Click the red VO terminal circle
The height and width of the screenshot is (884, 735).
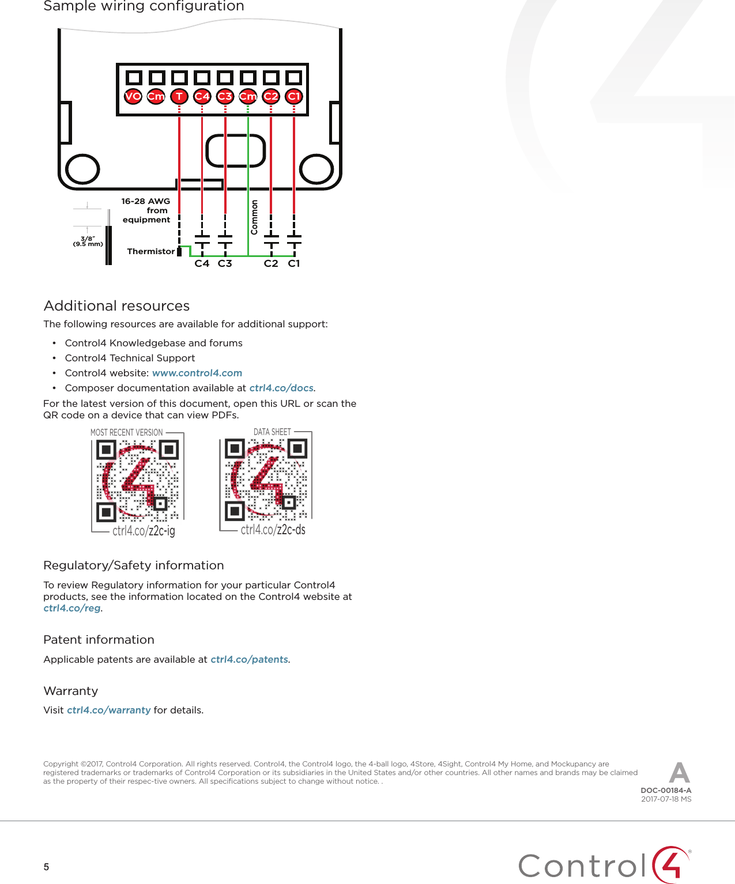pyautogui.click(x=133, y=96)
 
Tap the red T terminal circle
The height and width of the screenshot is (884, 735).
pyautogui.click(x=179, y=96)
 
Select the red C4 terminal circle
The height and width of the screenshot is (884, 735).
pyautogui.click(x=202, y=96)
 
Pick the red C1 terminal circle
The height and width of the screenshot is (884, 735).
pyautogui.click(x=294, y=96)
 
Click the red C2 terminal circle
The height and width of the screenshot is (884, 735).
pyautogui.click(x=271, y=96)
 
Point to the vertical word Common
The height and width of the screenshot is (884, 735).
pyautogui.click(x=254, y=217)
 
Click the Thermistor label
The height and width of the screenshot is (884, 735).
pyautogui.click(x=150, y=251)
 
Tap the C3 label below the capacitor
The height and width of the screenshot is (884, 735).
pyautogui.click(x=225, y=263)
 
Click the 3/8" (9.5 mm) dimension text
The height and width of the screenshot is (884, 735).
pyautogui.click(x=88, y=241)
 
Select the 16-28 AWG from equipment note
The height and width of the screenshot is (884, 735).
pyautogui.click(x=146, y=210)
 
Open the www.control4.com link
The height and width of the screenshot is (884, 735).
pyautogui.click(x=197, y=373)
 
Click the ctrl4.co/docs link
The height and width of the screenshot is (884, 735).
pyautogui.click(x=281, y=388)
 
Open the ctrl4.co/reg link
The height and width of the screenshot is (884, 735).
pyautogui.click(x=72, y=608)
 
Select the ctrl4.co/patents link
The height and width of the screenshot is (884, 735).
pyautogui.click(x=249, y=659)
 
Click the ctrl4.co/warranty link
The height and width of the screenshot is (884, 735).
pyautogui.click(x=109, y=710)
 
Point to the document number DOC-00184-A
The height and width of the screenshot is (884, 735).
pyautogui.click(x=666, y=791)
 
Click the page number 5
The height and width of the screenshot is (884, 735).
pyautogui.click(x=47, y=867)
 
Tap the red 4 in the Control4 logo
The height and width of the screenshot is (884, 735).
pyautogui.click(x=672, y=864)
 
